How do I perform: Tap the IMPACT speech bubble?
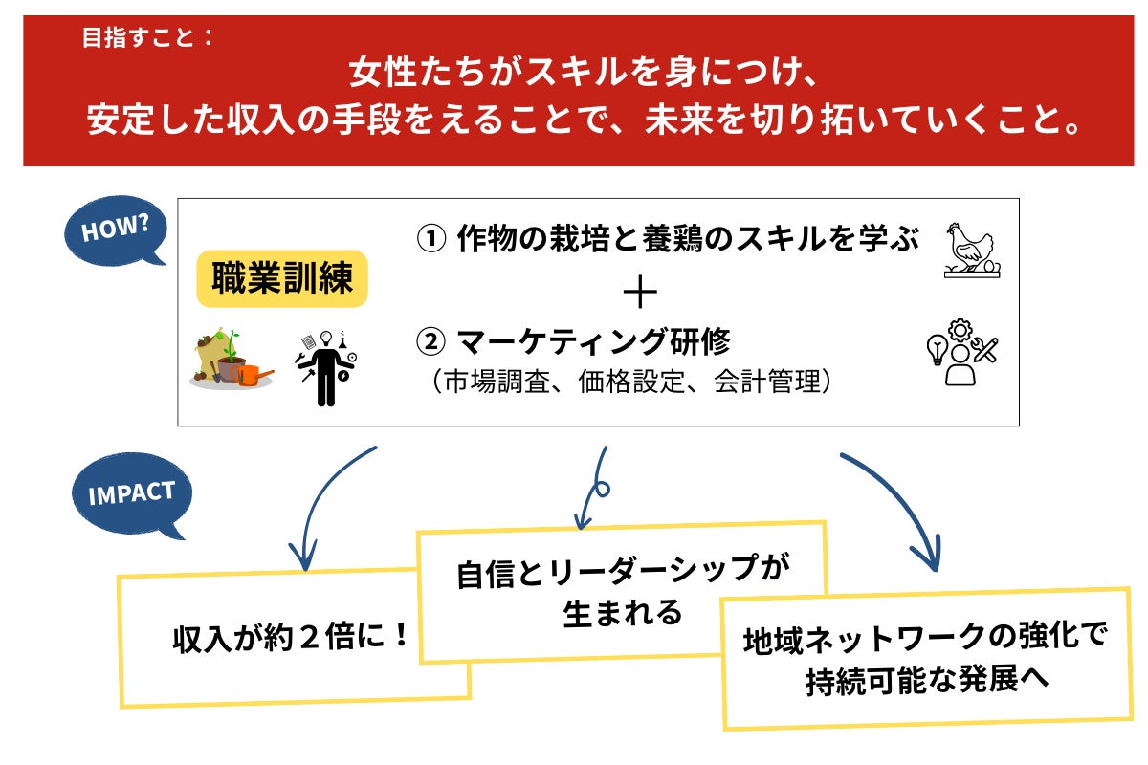[132, 495]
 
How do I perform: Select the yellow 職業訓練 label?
[282, 280]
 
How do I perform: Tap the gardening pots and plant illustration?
[232, 360]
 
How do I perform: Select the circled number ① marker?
[430, 239]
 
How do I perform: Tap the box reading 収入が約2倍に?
[292, 638]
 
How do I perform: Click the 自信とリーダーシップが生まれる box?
[622, 591]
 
